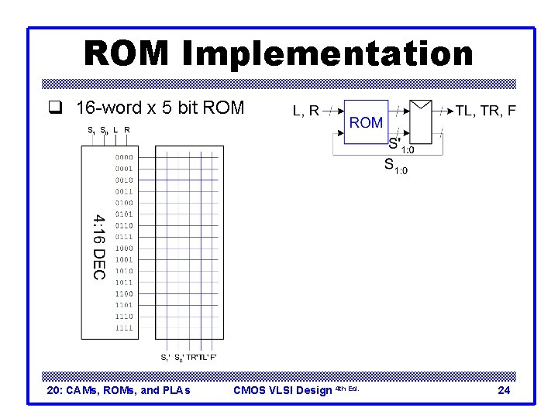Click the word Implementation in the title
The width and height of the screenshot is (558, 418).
(328, 54)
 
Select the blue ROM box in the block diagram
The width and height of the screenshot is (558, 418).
(367, 122)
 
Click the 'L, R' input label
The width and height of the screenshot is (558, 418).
(306, 111)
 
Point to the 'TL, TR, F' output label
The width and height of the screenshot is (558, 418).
(486, 111)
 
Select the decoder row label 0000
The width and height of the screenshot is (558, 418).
(124, 157)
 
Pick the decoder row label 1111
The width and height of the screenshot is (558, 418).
(124, 328)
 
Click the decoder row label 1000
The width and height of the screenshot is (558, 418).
(124, 248)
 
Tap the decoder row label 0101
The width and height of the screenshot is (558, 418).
(124, 214)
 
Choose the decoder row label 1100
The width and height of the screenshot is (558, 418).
(124, 294)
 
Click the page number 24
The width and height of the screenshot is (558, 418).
(504, 390)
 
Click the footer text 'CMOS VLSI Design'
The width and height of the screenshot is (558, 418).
(282, 390)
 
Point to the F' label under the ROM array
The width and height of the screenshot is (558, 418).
(213, 358)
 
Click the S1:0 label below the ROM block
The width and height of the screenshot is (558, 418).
(395, 166)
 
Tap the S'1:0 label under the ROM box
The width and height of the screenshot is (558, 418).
(401, 145)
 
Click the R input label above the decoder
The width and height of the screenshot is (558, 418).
(127, 130)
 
